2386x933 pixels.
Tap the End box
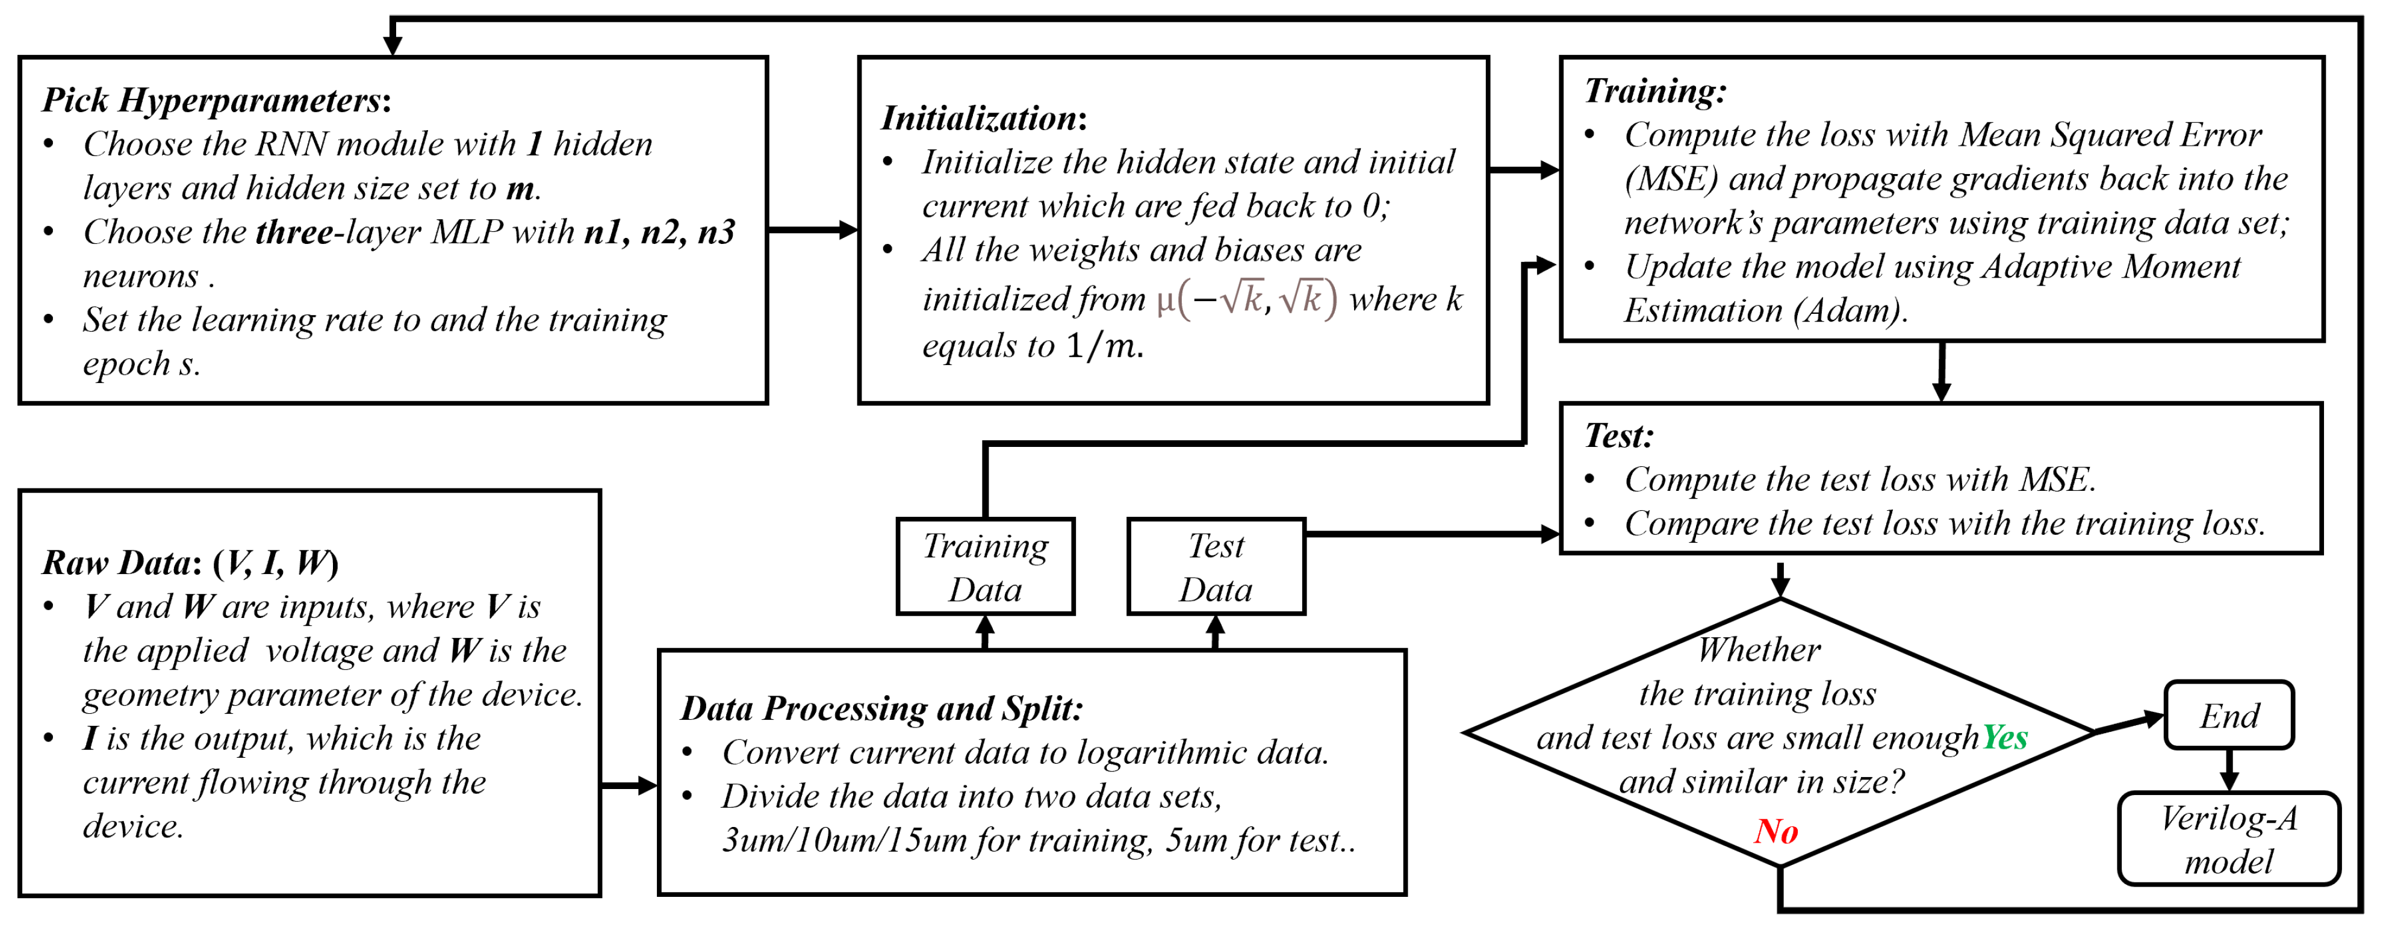click(x=2228, y=716)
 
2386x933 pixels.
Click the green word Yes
click(x=2004, y=737)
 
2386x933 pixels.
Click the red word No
click(x=1775, y=831)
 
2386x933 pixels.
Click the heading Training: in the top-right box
click(x=1654, y=91)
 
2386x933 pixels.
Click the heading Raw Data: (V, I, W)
click(x=190, y=563)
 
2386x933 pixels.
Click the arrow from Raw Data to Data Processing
click(x=629, y=785)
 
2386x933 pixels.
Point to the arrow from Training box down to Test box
click(x=1942, y=370)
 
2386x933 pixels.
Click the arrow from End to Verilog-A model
click(x=2228, y=769)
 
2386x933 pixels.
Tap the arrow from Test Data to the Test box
click(x=1431, y=534)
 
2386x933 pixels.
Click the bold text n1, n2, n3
click(x=659, y=232)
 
